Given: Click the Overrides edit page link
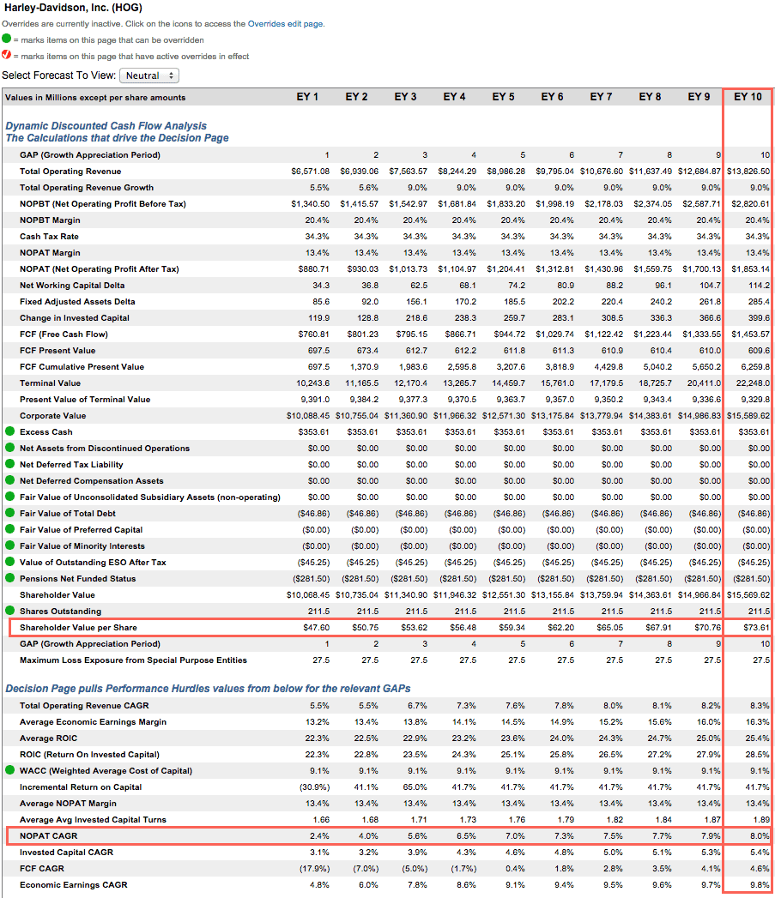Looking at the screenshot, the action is [x=286, y=24].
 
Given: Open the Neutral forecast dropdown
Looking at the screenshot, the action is [x=149, y=75].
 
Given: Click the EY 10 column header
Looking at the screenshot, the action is [x=748, y=97].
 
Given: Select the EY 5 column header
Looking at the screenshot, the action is [x=503, y=97].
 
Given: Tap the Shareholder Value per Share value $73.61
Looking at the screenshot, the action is [x=756, y=628].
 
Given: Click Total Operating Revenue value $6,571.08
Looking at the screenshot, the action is [x=310, y=172].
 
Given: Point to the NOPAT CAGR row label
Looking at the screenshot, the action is [x=49, y=836].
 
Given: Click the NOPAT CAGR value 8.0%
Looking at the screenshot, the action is [x=760, y=836].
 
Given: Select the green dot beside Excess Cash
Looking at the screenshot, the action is [x=9, y=431].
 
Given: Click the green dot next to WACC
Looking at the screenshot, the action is [x=9, y=770].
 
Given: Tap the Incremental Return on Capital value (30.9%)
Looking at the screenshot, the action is [x=315, y=787].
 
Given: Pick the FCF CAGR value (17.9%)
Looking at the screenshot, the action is [x=315, y=869].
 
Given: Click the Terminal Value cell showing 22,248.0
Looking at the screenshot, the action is [x=754, y=383].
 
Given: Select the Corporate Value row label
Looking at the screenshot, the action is [x=52, y=416].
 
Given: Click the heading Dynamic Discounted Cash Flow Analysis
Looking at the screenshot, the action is [x=106, y=126].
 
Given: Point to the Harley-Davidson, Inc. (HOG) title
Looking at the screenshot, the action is [x=73, y=8].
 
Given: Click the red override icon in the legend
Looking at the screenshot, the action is [x=6, y=55].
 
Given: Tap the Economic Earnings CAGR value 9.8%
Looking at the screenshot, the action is [x=760, y=885].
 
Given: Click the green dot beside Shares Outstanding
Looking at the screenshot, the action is [x=9, y=611].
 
